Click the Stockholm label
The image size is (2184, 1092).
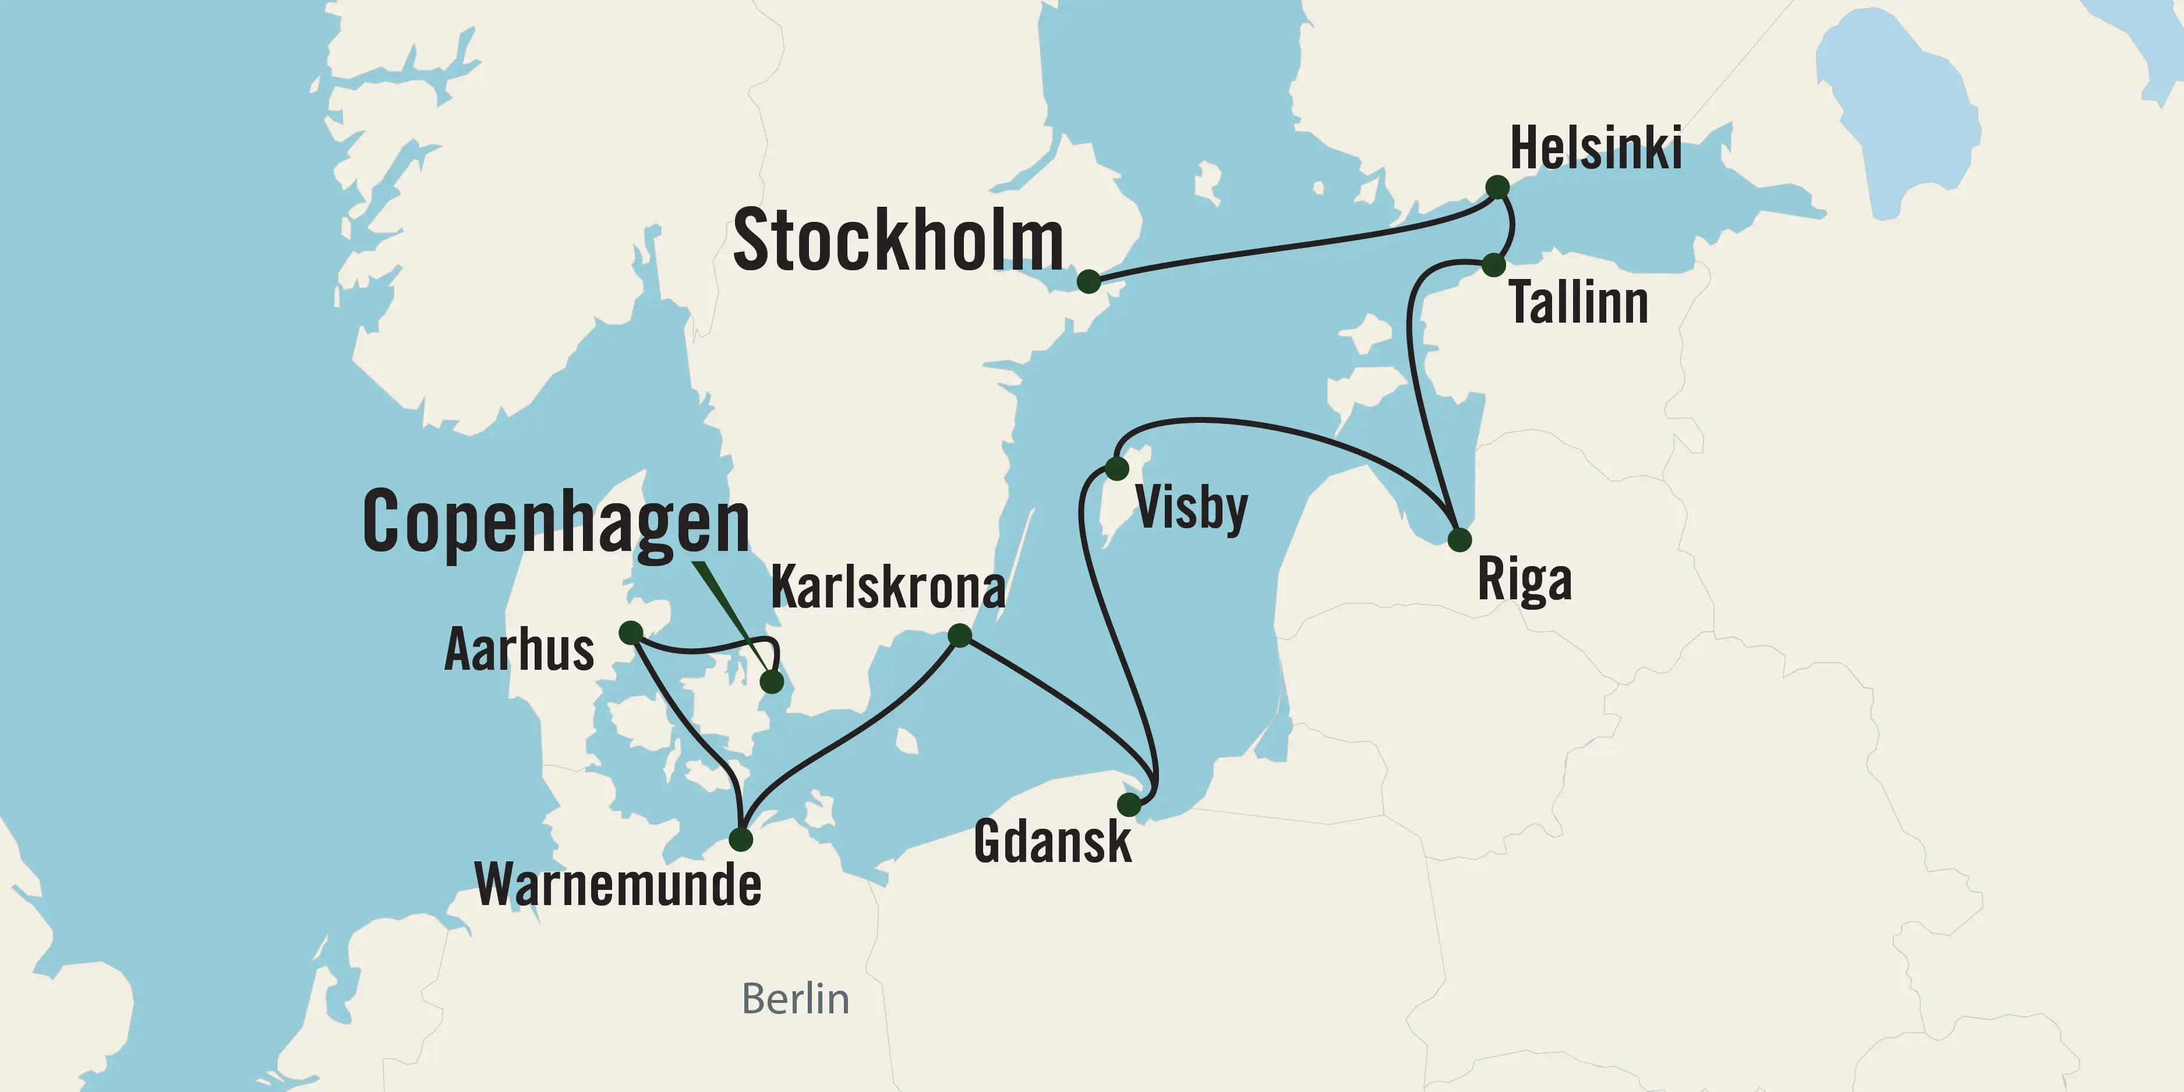coord(898,242)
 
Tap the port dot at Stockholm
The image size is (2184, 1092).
coord(1089,281)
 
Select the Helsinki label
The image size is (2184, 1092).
coord(1596,149)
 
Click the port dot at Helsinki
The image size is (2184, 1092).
coord(1497,186)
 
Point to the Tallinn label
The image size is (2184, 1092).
coord(1579,303)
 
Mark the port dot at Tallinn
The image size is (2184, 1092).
coord(1494,264)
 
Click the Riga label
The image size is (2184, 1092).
coord(1524,581)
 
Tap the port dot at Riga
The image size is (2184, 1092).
coord(1459,539)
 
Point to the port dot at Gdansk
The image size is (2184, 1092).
coord(1129,804)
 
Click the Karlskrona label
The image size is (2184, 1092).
coord(888,586)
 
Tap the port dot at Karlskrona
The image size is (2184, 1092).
coord(960,635)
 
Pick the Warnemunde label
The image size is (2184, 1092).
coord(618,885)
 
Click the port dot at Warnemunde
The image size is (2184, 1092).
coord(740,839)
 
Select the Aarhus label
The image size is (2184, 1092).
coord(519,651)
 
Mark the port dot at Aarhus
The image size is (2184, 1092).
coord(631,632)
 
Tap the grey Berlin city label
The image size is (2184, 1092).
coord(795,999)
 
